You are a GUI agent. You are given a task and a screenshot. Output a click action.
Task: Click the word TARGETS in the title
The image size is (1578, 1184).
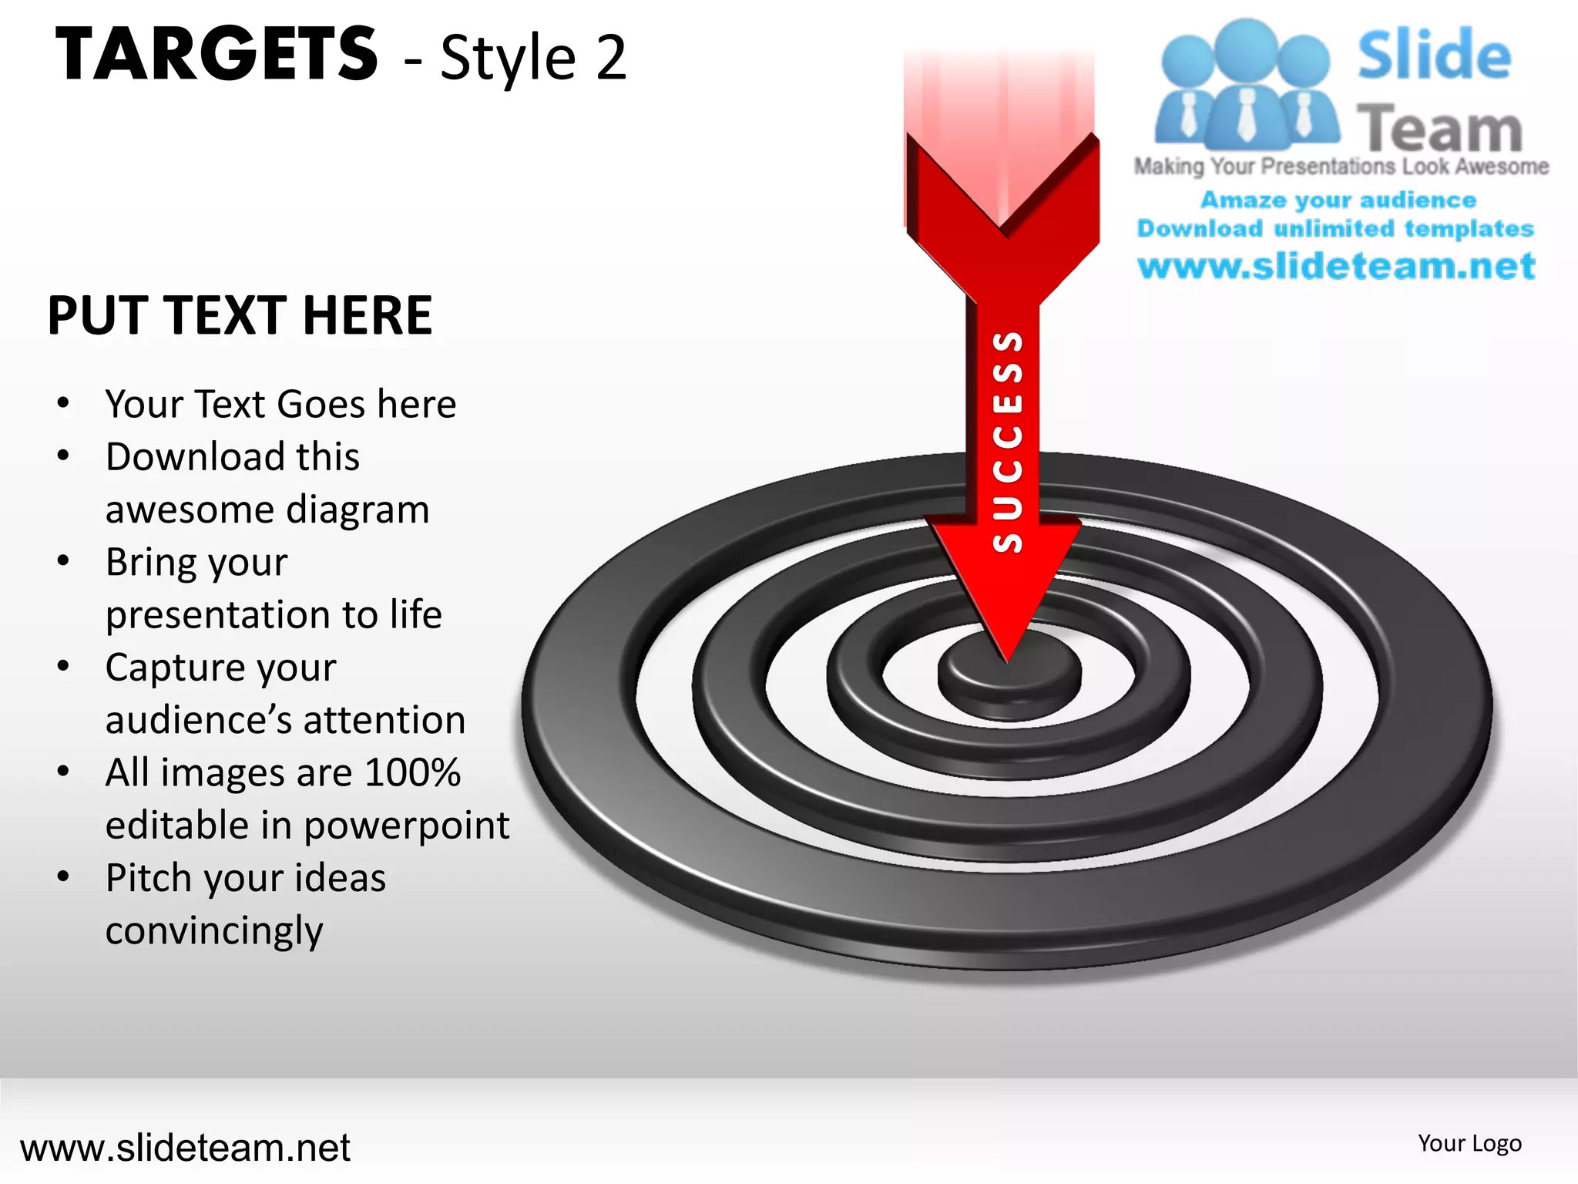pyautogui.click(x=217, y=53)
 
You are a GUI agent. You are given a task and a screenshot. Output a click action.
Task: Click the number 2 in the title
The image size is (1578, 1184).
pyautogui.click(x=610, y=58)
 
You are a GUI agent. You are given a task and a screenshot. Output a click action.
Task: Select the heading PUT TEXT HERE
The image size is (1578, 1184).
pyautogui.click(x=240, y=315)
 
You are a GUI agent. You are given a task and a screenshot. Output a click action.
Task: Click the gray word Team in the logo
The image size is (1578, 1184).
pyautogui.click(x=1439, y=128)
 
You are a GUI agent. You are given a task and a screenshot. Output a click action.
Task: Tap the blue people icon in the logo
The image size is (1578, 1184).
pyautogui.click(x=1245, y=85)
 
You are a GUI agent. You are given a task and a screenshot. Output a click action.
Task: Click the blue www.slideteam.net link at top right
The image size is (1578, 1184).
pyautogui.click(x=1336, y=266)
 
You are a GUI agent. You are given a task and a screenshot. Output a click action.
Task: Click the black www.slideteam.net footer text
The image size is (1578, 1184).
pyautogui.click(x=185, y=1148)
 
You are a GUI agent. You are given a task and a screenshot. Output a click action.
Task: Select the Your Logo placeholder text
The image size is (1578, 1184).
pyautogui.click(x=1469, y=1143)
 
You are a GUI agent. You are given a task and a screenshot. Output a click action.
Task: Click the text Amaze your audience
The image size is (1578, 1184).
pyautogui.click(x=1338, y=200)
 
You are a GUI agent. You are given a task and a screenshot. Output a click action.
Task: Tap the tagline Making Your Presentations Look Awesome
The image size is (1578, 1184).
pyautogui.click(x=1341, y=166)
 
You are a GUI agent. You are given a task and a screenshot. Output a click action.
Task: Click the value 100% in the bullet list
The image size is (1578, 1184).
pyautogui.click(x=412, y=772)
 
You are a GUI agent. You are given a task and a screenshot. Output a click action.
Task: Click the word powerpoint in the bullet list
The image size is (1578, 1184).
pyautogui.click(x=406, y=826)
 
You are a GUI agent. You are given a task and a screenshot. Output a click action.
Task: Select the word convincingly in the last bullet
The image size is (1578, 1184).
pyautogui.click(x=214, y=931)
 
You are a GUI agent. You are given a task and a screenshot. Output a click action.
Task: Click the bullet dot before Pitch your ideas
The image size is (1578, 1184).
pyautogui.click(x=64, y=876)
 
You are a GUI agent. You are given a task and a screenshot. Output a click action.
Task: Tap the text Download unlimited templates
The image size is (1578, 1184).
pyautogui.click(x=1335, y=229)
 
